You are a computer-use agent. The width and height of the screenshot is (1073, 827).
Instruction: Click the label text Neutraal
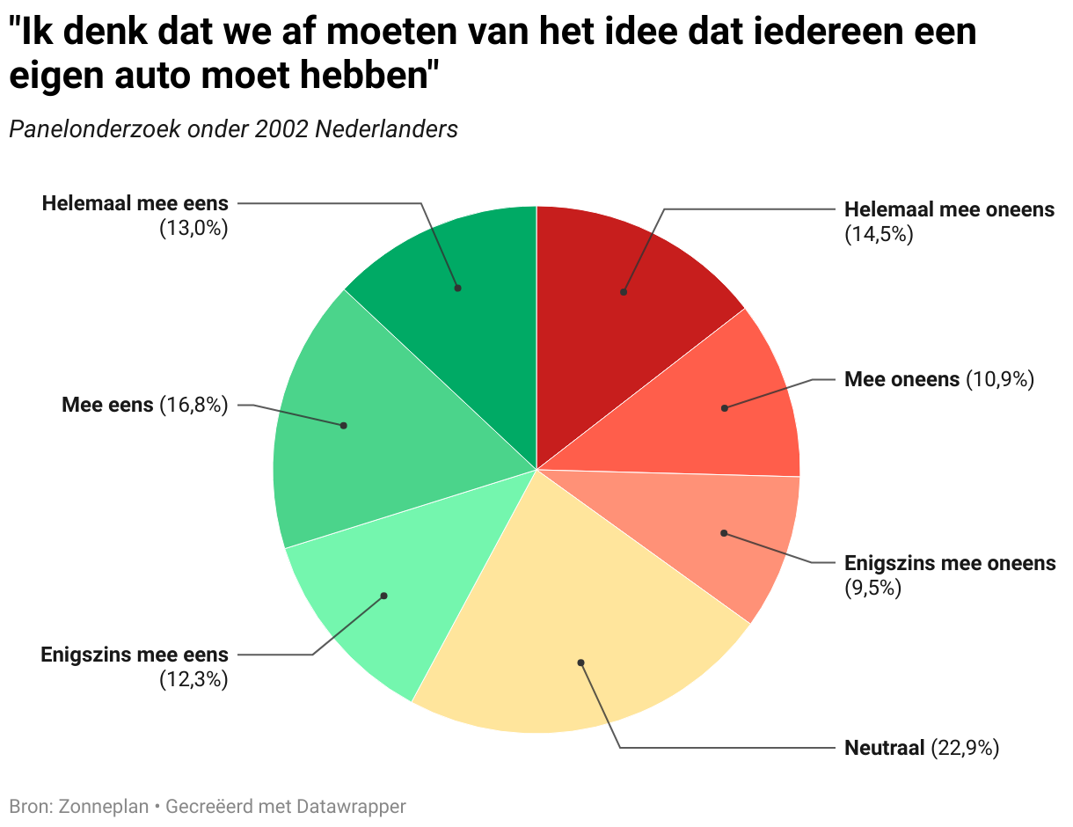pos(885,749)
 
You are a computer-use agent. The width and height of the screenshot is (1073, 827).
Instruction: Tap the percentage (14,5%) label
pos(879,234)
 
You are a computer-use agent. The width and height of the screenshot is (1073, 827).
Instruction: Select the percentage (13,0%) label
pos(193,229)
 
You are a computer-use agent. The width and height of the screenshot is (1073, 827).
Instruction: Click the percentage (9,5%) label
pos(873,588)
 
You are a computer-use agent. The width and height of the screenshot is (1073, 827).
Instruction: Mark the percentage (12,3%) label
pos(193,679)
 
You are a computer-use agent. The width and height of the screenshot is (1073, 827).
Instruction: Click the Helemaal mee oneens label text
pos(949,209)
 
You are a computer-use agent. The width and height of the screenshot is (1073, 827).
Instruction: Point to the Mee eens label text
pos(107,405)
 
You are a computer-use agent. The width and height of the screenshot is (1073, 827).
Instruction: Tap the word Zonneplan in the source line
pos(103,806)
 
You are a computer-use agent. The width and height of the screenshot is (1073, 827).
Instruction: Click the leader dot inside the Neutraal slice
pos(580,662)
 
